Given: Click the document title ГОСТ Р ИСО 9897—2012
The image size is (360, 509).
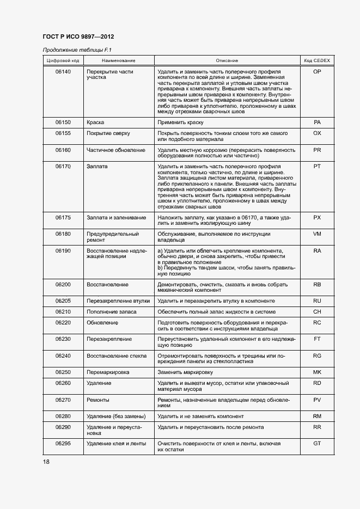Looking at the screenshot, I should (x=78, y=37).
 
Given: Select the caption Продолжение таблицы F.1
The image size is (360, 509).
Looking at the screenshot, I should (x=73, y=50).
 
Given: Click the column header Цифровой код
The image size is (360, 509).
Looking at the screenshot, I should (x=63, y=60).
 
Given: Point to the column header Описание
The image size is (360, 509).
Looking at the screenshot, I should (x=227, y=60).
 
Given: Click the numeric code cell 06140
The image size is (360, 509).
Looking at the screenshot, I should (x=63, y=72).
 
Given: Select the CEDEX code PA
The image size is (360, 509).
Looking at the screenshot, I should (x=317, y=122).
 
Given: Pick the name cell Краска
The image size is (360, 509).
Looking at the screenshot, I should (x=95, y=122).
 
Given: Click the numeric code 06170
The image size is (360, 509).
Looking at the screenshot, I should (x=63, y=166).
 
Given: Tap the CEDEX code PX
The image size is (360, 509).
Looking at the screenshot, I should (x=317, y=218).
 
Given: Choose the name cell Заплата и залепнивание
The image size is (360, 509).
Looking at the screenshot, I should (x=116, y=218).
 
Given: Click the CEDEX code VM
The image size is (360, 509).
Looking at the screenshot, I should (x=317, y=234).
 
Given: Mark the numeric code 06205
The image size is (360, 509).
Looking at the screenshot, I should (x=63, y=301).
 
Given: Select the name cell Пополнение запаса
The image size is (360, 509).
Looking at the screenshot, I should (x=111, y=312).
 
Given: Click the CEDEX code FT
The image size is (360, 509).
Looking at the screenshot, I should (x=317, y=339).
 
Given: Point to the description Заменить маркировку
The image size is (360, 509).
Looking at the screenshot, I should (x=185, y=372).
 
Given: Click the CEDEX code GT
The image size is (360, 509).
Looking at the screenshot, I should (x=317, y=444).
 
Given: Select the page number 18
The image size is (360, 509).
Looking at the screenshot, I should (x=46, y=462).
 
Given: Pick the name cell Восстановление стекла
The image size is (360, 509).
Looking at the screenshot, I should (x=117, y=356).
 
